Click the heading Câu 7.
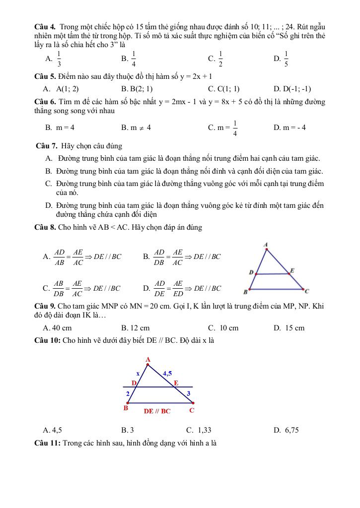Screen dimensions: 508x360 [47, 146]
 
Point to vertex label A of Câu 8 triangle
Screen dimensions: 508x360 [266, 244]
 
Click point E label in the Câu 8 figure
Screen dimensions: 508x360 [292, 270]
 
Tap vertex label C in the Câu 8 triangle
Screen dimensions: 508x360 [307, 291]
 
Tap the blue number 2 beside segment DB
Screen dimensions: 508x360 [128, 393]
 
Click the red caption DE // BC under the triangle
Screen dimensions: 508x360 [157, 411]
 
